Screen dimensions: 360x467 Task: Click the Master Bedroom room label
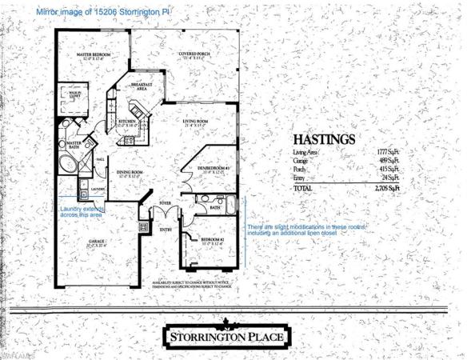93,56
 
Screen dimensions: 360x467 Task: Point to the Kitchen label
129,122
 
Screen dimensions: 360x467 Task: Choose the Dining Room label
130,173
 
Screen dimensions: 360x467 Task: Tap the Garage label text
96,242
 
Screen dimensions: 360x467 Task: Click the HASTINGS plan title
324,139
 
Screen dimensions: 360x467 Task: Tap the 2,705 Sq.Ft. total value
385,186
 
